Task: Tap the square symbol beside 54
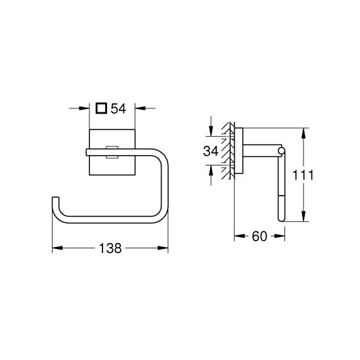coord(101,108)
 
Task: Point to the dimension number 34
coord(210,151)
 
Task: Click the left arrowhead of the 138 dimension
coord(55,248)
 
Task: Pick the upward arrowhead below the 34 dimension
coord(210,169)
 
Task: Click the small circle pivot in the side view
coord(282,152)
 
